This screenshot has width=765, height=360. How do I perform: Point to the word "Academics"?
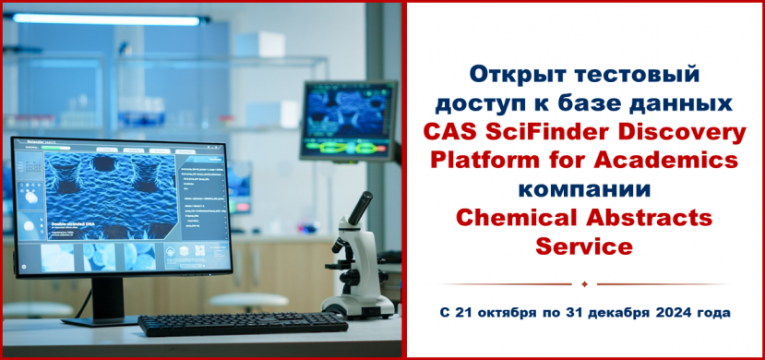663,162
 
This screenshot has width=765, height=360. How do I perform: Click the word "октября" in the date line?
508,313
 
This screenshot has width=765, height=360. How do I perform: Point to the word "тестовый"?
640,73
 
